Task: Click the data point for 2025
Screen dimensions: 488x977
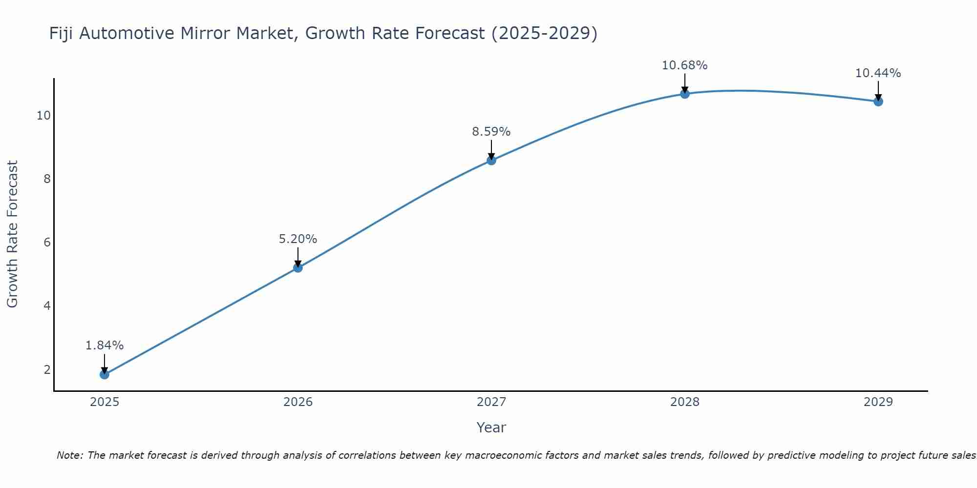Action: coord(104,374)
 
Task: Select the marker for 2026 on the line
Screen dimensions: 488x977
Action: coord(297,267)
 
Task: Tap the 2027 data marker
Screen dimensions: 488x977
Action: coord(491,160)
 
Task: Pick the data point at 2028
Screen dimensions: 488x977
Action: coord(684,94)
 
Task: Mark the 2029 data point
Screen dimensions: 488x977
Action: coord(878,102)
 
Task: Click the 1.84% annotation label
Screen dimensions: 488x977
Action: coord(104,346)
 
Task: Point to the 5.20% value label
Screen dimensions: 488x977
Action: coord(297,239)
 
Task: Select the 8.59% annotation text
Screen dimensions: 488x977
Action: coord(491,132)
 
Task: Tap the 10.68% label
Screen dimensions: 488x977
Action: coord(684,65)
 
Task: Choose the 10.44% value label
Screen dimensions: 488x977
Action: coord(878,73)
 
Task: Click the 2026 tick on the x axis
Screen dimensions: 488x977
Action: coord(297,402)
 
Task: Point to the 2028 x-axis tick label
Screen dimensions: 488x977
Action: coord(684,402)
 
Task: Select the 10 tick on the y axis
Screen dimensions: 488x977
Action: coord(43,116)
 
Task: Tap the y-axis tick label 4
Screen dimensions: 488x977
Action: coord(47,306)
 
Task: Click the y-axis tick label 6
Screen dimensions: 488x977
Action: coord(47,243)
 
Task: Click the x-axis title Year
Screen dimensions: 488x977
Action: coord(491,427)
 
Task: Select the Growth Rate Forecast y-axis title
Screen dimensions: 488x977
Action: coord(13,234)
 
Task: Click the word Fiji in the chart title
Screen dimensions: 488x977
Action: coord(61,34)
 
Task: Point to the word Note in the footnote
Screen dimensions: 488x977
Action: coord(70,455)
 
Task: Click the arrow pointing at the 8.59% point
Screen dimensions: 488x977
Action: coord(491,150)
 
